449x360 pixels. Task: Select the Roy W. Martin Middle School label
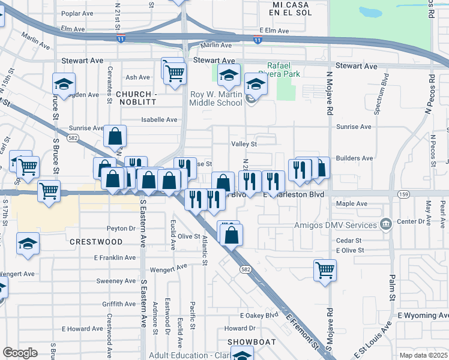pos(215,98)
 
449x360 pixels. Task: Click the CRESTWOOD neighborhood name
pos(96,242)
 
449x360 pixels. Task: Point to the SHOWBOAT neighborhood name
pos(252,342)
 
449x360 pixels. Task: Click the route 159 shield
pos(403,194)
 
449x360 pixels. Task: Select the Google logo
pos(20,353)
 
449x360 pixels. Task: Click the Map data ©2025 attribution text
pos(424,356)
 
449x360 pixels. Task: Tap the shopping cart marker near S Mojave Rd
pos(325,270)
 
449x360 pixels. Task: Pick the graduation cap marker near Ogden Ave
pos(64,84)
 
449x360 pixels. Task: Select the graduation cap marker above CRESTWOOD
pos(28,245)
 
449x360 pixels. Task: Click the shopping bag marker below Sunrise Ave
pos(115,137)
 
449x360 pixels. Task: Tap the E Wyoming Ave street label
pos(423,316)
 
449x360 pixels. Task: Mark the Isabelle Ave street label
pos(159,119)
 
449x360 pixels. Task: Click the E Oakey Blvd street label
pos(259,315)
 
